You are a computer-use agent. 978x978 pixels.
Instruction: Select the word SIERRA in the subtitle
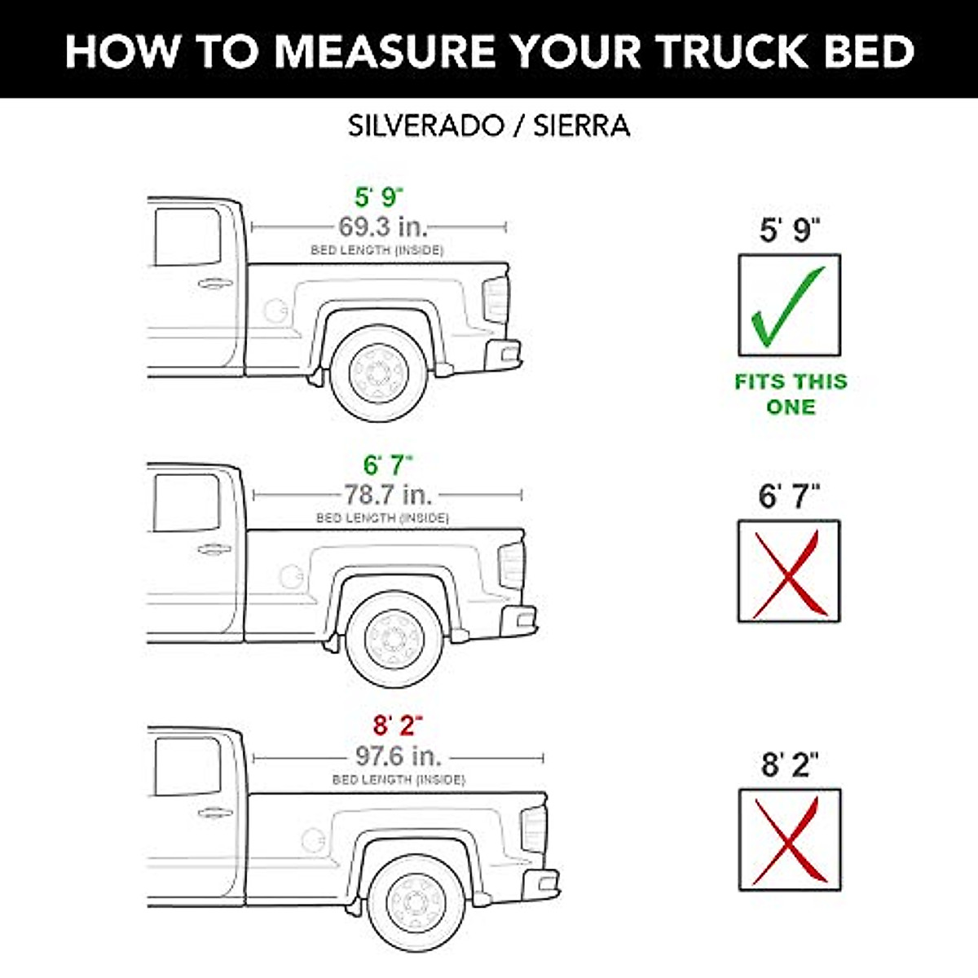tap(581, 126)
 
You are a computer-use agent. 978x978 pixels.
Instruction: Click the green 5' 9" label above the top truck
tap(379, 197)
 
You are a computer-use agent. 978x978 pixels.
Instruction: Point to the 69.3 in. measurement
tap(382, 227)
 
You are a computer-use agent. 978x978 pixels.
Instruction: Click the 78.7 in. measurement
tap(387, 495)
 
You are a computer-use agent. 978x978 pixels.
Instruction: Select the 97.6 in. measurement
tap(399, 756)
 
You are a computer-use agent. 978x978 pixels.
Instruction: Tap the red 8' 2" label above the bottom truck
tap(398, 725)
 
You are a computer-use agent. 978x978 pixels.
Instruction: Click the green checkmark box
tap(789, 306)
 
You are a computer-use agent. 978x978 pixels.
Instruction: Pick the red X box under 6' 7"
tap(789, 572)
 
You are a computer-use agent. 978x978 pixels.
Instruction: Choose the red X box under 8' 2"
tap(789, 839)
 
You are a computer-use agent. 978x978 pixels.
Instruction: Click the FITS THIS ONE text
tap(791, 394)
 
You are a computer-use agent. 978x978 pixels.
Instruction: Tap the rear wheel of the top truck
tap(378, 374)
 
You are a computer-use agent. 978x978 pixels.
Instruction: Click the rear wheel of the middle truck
tap(395, 640)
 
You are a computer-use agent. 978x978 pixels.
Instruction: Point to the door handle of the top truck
tap(214, 284)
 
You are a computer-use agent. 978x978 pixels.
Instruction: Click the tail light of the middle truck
tap(511, 565)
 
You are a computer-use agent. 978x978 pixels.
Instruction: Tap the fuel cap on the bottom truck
tap(313, 839)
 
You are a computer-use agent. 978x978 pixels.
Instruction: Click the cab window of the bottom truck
tap(187, 767)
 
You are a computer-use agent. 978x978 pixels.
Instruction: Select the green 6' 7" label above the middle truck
tap(388, 465)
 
